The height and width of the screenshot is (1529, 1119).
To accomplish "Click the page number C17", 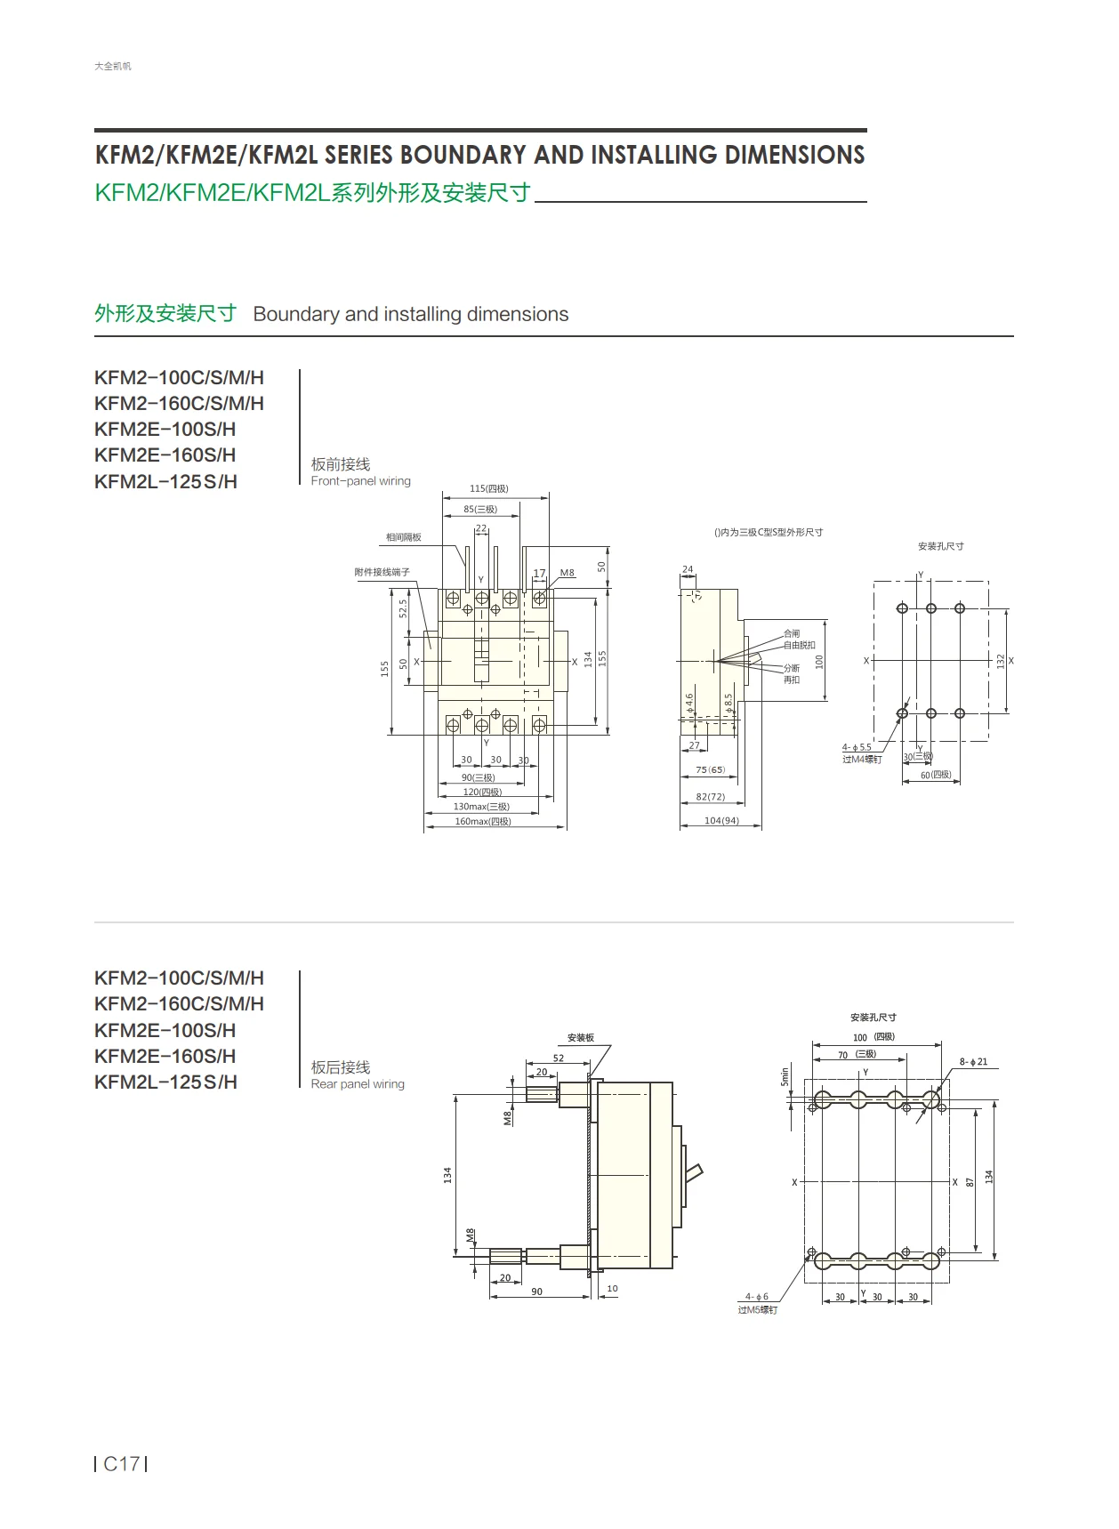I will (121, 1463).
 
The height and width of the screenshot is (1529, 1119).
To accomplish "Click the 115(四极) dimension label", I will (488, 488).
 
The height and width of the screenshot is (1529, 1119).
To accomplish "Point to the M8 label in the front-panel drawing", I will (567, 573).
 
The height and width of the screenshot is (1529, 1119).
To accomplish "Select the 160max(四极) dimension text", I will (483, 821).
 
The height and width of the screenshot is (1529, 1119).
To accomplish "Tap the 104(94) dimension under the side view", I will (721, 820).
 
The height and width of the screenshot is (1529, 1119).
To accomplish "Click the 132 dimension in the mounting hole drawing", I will (1000, 660).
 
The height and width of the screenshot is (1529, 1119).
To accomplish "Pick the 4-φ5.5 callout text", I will (857, 747).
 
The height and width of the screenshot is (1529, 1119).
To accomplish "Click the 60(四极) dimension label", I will (935, 775).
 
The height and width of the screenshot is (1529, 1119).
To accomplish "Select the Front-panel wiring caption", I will (360, 481).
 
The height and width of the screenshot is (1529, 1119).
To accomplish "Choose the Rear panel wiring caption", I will (358, 1084).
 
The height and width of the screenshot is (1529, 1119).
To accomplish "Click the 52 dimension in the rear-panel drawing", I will (559, 1058).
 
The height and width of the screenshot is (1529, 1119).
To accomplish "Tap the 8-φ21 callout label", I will (973, 1062).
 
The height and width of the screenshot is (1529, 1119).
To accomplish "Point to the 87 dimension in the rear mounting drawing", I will (970, 1181).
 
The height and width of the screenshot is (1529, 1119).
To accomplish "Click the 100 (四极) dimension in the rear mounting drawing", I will (873, 1037).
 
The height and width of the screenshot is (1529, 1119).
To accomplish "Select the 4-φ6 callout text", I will (756, 1297).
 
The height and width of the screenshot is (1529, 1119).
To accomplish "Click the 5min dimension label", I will (785, 1075).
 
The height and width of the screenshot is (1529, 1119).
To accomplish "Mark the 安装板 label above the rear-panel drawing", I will (580, 1038).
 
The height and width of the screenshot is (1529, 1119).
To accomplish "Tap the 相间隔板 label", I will (403, 537).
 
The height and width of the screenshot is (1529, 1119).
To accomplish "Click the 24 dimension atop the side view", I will (688, 569).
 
